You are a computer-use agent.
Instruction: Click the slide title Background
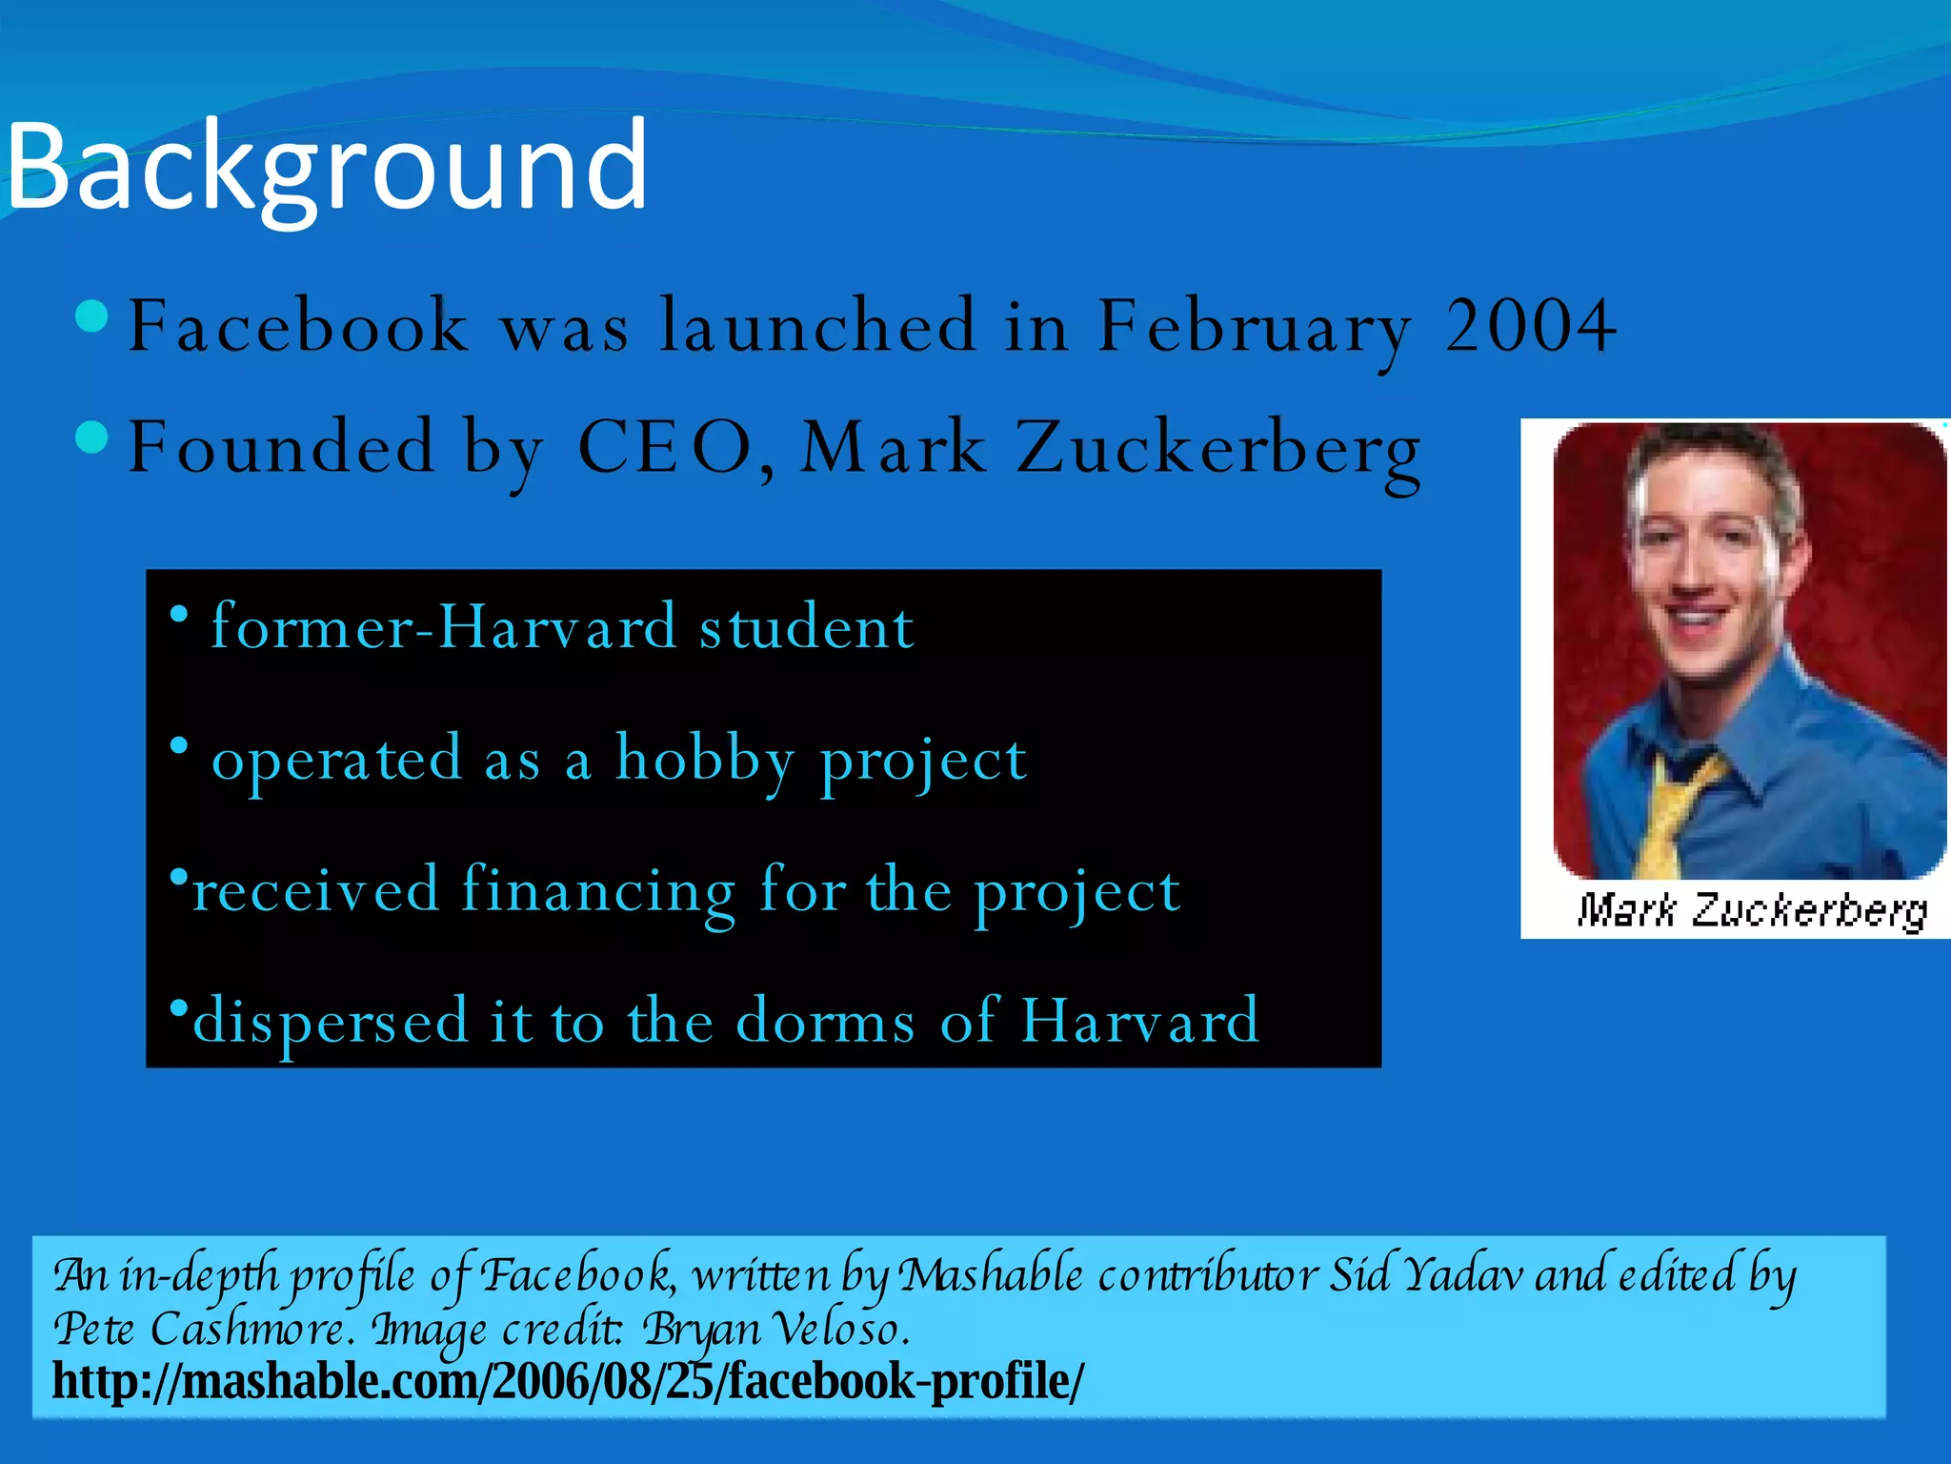pos(327,168)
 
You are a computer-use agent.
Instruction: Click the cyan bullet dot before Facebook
pos(91,315)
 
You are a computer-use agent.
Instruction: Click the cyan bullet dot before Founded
pos(91,437)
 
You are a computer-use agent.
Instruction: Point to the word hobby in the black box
pos(704,760)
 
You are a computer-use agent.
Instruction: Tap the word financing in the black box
pos(598,891)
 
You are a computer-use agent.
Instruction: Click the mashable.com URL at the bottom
pos(568,1381)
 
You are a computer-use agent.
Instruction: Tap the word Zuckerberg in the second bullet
pos(1218,449)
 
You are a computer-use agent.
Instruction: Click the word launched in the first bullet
pos(818,326)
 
